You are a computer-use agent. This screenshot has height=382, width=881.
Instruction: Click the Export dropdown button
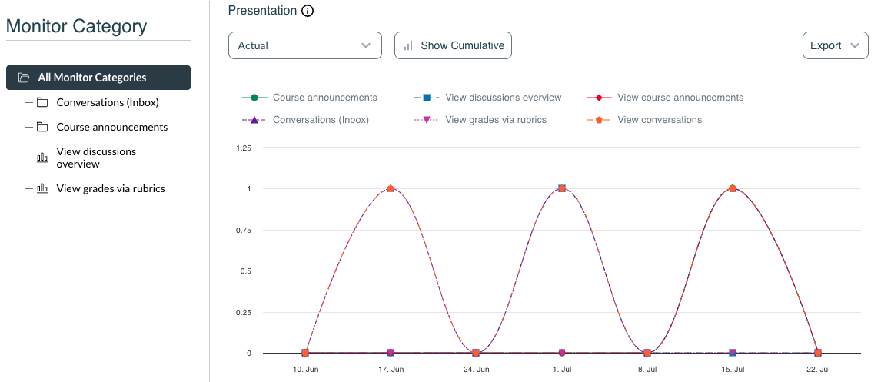(x=834, y=45)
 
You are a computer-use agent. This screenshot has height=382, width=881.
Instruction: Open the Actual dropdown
(x=304, y=45)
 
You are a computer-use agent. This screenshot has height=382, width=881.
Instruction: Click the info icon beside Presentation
(x=308, y=11)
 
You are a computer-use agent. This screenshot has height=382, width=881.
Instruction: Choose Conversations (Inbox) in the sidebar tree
(x=108, y=102)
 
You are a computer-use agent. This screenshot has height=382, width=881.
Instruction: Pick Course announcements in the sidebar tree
(x=111, y=127)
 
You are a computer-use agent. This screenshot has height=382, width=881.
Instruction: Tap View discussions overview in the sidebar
(x=96, y=158)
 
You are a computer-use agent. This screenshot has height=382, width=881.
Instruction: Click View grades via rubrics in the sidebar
(x=111, y=188)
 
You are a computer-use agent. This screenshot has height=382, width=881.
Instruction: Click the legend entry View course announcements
(x=680, y=98)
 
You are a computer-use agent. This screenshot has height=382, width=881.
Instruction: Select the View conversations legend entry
(x=660, y=120)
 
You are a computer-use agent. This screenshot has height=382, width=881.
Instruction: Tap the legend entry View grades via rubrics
(x=496, y=120)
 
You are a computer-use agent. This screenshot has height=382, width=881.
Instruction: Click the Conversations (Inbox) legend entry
(x=321, y=120)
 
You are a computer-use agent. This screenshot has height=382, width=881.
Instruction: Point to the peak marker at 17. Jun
(x=391, y=188)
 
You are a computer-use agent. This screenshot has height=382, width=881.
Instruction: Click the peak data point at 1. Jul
(x=562, y=188)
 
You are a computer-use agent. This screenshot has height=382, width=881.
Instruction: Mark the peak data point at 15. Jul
(x=733, y=188)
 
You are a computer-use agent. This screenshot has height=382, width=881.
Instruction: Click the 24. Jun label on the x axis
(x=476, y=370)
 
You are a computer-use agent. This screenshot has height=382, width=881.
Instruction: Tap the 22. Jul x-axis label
(x=817, y=370)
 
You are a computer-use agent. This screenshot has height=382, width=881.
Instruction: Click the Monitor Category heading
(x=76, y=26)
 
